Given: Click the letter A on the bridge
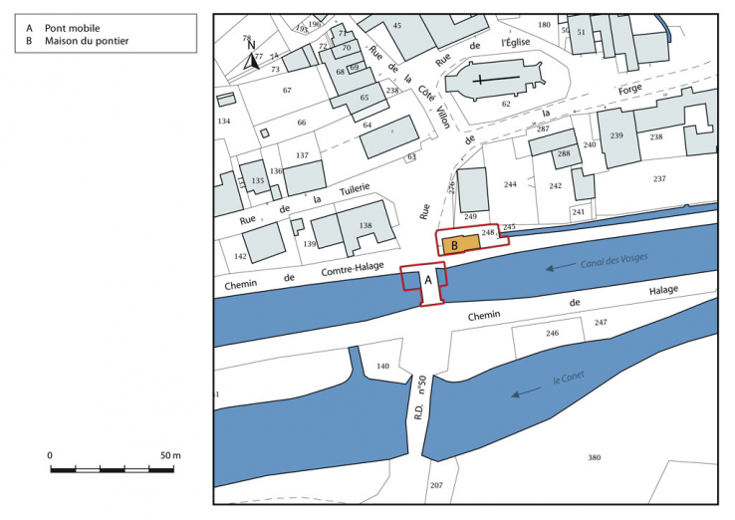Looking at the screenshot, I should point(429,280).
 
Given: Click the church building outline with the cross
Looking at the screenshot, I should point(487,81).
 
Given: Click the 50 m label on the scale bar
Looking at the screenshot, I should point(169,454).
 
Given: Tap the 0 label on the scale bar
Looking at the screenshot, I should point(50,454).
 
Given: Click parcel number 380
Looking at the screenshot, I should point(595,457).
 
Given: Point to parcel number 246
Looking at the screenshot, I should point(552,334).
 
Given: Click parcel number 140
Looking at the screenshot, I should point(382,367).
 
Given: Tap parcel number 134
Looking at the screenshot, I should point(224,122).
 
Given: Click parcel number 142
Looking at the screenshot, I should point(240,256).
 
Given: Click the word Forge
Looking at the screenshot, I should point(629,90).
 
